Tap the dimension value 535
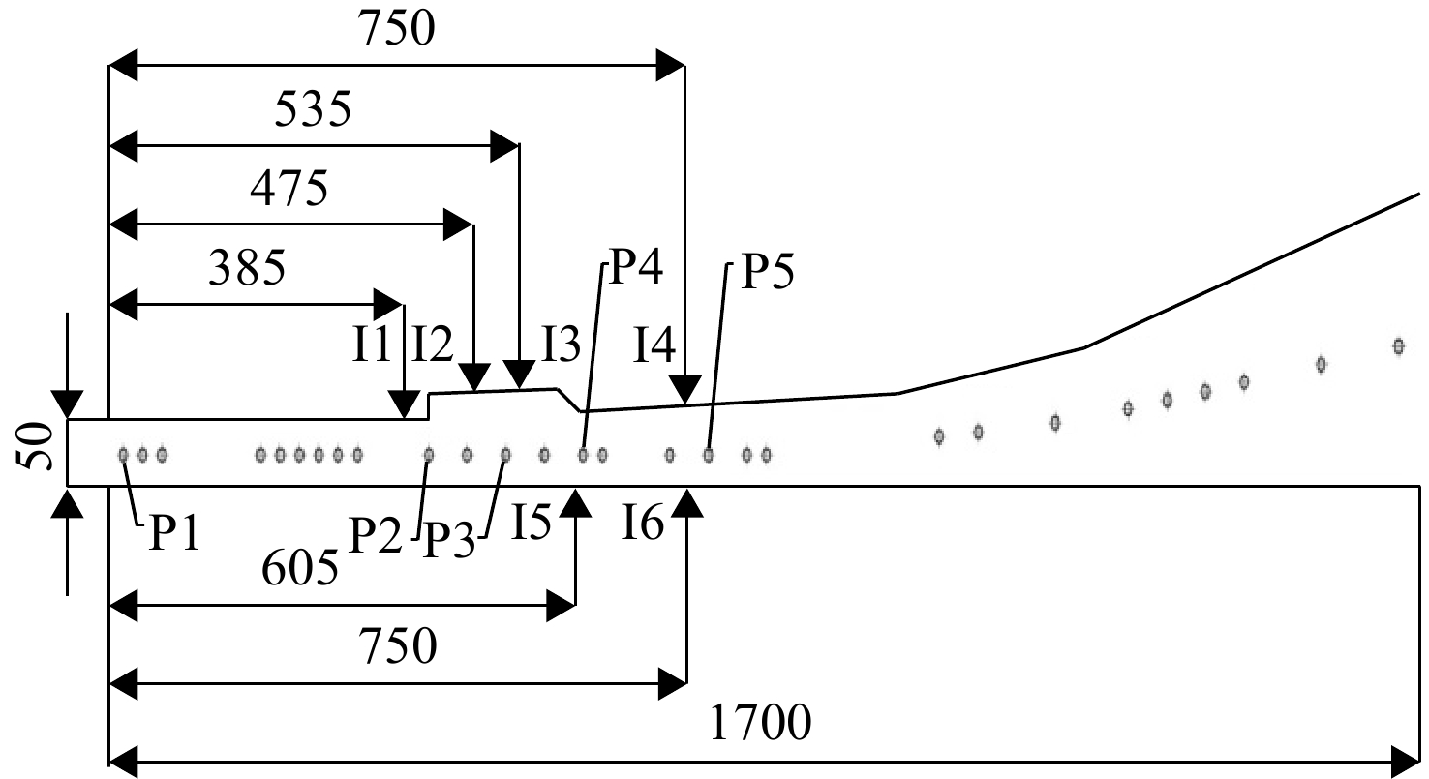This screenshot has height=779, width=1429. [313, 109]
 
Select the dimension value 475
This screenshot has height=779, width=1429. [289, 189]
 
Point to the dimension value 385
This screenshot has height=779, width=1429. [247, 268]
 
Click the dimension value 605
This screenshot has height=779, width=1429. [300, 568]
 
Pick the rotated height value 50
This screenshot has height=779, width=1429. [34, 447]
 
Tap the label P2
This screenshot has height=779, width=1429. [376, 535]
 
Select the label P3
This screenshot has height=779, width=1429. [449, 540]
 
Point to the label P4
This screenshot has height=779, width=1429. [636, 267]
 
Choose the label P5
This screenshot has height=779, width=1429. [768, 273]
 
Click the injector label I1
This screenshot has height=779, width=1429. [372, 345]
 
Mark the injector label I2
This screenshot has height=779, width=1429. [433, 345]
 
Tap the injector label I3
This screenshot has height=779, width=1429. [562, 345]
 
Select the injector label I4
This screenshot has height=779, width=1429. [654, 345]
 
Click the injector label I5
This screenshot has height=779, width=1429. [532, 523]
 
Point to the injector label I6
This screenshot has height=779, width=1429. [643, 523]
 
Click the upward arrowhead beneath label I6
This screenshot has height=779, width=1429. [687, 503]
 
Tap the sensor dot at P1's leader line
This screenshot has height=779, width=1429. [123, 455]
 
